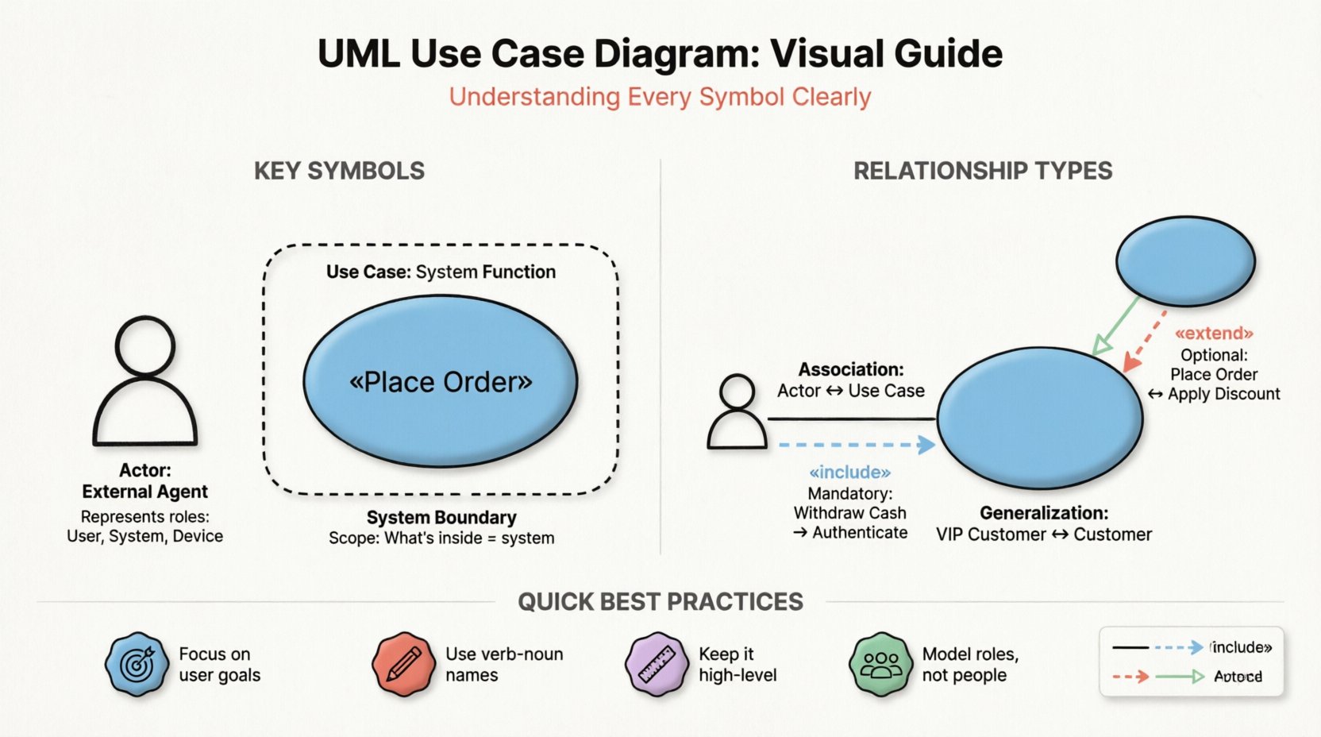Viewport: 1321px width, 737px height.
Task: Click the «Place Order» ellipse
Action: point(441,381)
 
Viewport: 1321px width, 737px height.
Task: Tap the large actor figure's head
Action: point(144,345)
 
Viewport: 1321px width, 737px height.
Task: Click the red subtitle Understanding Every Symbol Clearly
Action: point(660,97)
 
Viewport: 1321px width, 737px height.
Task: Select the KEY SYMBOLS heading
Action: point(339,171)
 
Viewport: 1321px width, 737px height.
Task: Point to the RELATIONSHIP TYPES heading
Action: point(982,171)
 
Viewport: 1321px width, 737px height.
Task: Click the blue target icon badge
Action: point(137,665)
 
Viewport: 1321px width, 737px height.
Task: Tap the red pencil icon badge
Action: point(404,665)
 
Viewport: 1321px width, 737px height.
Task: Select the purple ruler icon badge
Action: point(657,665)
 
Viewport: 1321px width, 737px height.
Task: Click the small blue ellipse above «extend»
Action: point(1184,260)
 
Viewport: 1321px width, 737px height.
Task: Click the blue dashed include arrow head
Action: point(926,445)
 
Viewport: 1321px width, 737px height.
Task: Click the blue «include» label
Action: point(849,473)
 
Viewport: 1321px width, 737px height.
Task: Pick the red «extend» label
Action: point(1214,333)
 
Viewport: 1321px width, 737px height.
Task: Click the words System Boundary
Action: point(441,518)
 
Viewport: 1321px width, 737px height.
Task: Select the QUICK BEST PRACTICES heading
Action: point(660,602)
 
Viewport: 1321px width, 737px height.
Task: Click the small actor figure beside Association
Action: point(737,412)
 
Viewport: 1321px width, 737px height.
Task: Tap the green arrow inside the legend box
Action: point(1180,677)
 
